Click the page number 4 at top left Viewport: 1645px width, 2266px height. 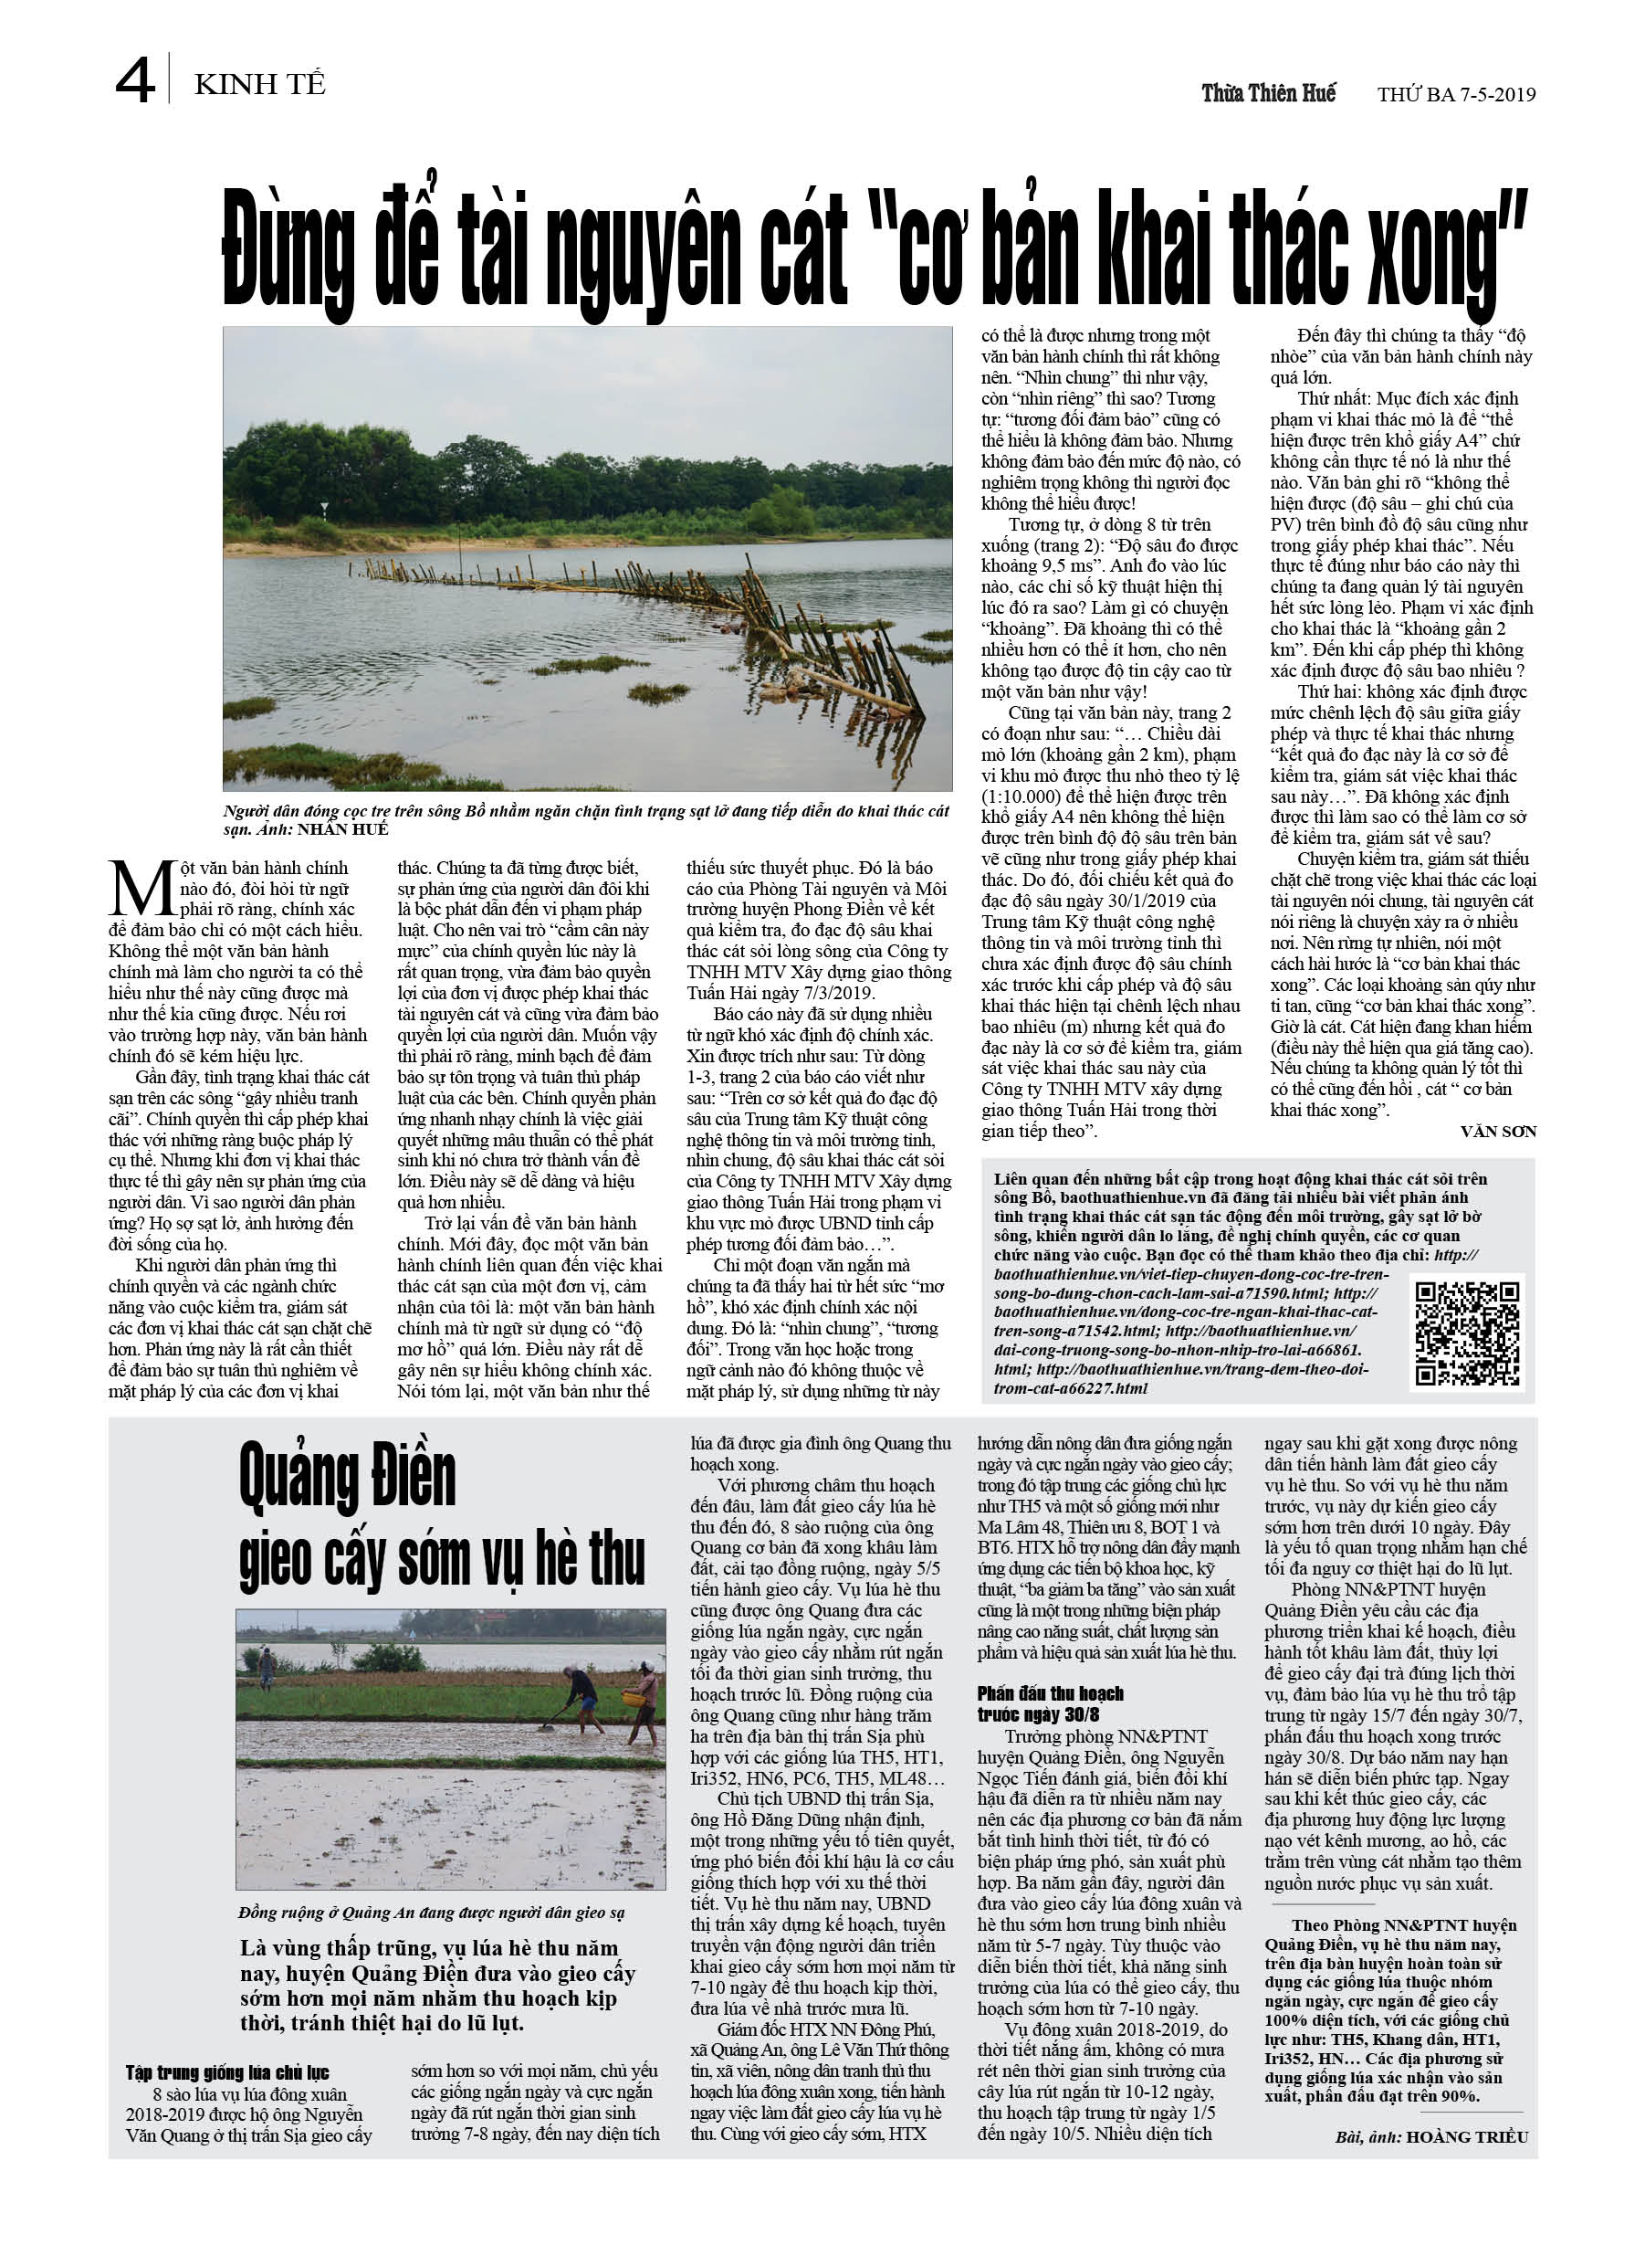135,81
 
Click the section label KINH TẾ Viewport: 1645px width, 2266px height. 259,85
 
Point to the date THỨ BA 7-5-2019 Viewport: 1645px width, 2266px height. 1456,95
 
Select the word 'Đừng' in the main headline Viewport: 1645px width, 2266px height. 288,248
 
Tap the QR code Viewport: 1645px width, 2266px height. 1465,1332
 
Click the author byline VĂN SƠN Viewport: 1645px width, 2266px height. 1497,1132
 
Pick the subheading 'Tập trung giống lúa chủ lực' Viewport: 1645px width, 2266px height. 226,2072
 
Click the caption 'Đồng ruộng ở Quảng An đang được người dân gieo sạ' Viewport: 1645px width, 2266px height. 432,1913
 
